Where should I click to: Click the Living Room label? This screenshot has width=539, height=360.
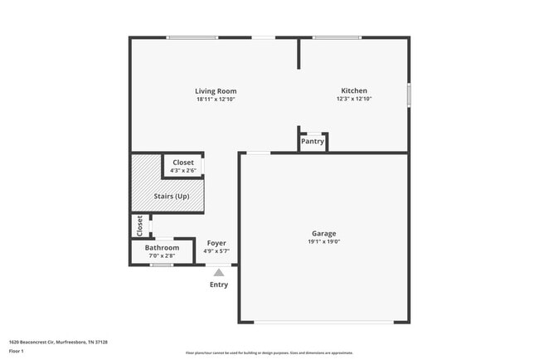(216, 90)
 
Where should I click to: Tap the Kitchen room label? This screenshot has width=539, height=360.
(354, 90)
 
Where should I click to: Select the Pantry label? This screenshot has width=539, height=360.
(313, 141)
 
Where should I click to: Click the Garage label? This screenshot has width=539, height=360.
(323, 233)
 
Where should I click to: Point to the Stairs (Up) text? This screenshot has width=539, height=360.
(172, 196)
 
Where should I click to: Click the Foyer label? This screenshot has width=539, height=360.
(216, 243)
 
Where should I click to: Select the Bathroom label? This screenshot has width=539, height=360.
(162, 247)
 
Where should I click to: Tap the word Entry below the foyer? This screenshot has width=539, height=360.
(219, 285)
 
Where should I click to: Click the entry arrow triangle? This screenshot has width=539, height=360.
(219, 271)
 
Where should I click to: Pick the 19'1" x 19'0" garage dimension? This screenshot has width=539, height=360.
(323, 241)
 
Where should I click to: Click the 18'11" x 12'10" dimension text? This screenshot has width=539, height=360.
(216, 99)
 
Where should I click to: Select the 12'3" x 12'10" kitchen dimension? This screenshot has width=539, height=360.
(354, 99)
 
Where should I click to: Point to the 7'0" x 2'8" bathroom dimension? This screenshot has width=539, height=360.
(162, 255)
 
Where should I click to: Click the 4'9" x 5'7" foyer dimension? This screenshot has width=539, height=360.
(216, 251)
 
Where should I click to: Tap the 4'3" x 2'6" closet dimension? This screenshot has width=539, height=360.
(182, 171)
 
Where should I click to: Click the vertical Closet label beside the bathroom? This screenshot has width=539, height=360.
(139, 225)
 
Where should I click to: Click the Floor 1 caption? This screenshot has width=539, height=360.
(17, 351)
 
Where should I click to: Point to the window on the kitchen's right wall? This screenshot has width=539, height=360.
(409, 95)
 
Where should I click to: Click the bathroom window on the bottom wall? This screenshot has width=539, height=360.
(161, 265)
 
